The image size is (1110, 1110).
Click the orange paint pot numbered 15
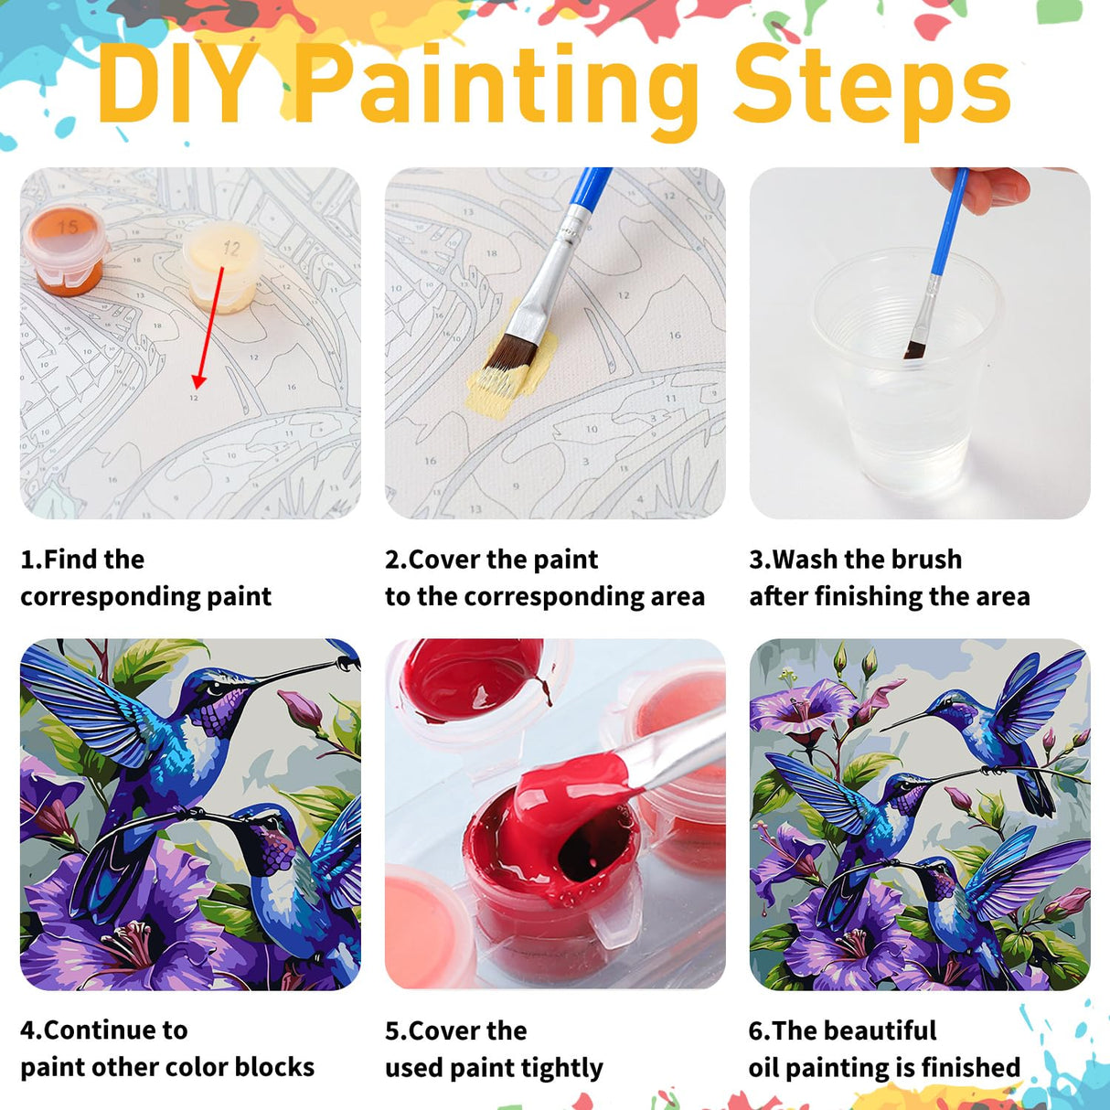(x=64, y=245)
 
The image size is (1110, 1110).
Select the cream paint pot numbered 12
(x=225, y=265)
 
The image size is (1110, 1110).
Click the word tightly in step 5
(x=561, y=1069)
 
